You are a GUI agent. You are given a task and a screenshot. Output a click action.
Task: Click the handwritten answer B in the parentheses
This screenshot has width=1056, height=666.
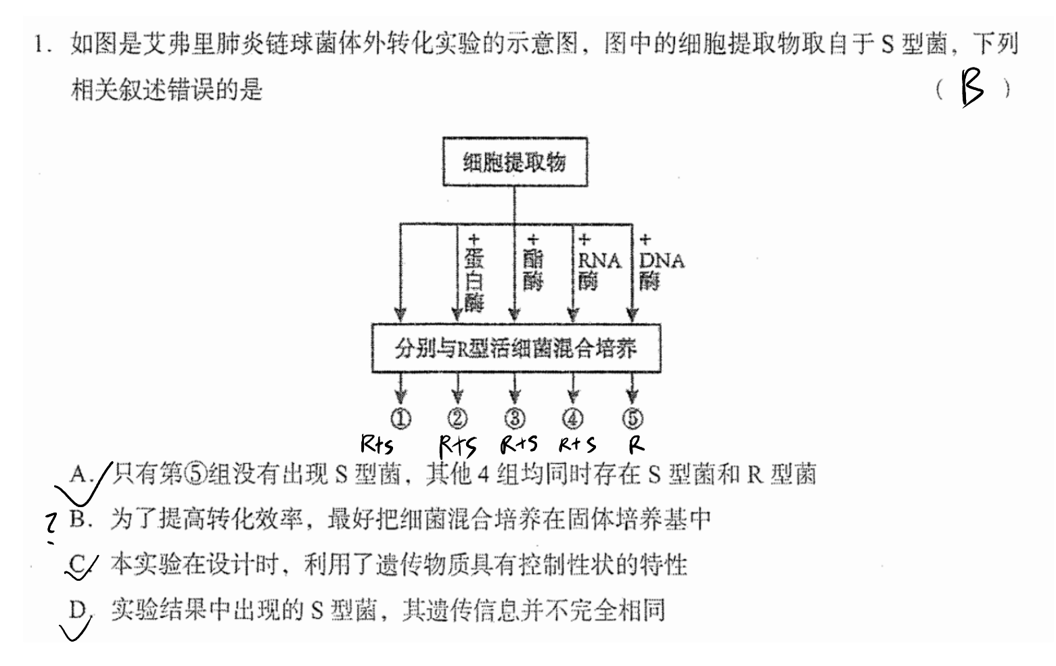[x=972, y=87]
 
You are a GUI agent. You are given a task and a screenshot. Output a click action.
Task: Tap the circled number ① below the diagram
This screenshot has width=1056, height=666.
[x=400, y=419]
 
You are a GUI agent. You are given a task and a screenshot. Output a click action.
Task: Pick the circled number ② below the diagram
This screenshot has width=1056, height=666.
[x=457, y=419]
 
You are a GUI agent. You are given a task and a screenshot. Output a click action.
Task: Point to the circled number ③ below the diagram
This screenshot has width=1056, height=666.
[x=515, y=419]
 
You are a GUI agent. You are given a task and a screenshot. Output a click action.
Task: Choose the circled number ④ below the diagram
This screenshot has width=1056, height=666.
[x=573, y=419]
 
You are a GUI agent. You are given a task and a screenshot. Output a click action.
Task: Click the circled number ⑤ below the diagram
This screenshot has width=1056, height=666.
[x=633, y=419]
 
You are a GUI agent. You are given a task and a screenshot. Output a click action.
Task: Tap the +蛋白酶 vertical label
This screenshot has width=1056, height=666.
[x=474, y=273]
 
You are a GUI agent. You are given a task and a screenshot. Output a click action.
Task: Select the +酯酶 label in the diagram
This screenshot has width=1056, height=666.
[x=532, y=262]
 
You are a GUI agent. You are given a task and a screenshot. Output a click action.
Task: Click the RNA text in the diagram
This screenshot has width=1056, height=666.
[x=599, y=260]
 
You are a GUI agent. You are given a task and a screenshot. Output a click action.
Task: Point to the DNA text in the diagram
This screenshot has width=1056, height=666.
[x=662, y=260]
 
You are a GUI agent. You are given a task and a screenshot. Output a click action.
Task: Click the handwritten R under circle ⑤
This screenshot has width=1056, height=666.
[x=637, y=444]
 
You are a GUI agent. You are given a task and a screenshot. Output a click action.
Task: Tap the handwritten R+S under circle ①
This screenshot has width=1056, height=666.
[x=377, y=444]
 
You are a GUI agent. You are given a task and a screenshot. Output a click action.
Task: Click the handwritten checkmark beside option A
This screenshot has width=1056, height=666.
[x=84, y=483]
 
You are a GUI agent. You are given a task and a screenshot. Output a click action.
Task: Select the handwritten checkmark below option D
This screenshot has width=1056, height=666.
[x=76, y=628]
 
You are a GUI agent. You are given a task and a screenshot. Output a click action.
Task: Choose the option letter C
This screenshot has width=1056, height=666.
[x=77, y=564]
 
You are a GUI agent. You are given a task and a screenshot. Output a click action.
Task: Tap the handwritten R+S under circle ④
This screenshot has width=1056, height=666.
[x=578, y=444]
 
